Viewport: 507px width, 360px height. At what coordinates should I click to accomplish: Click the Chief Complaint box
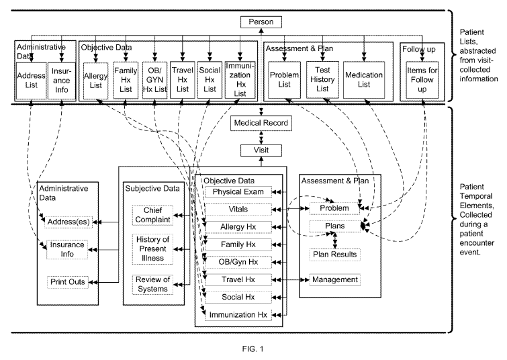pos(152,214)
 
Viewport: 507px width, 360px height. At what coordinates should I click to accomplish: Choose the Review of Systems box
pos(152,283)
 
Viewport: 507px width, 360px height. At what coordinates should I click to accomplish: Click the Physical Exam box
pos(231,192)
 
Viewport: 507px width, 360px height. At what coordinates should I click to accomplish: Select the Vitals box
pos(231,210)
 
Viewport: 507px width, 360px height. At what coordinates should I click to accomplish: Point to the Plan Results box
pos(335,255)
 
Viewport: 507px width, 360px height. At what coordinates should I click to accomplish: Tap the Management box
pos(335,279)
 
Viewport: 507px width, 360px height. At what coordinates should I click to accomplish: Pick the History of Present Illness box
pos(152,249)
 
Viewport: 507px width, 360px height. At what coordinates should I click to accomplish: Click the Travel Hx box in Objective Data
pos(231,279)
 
